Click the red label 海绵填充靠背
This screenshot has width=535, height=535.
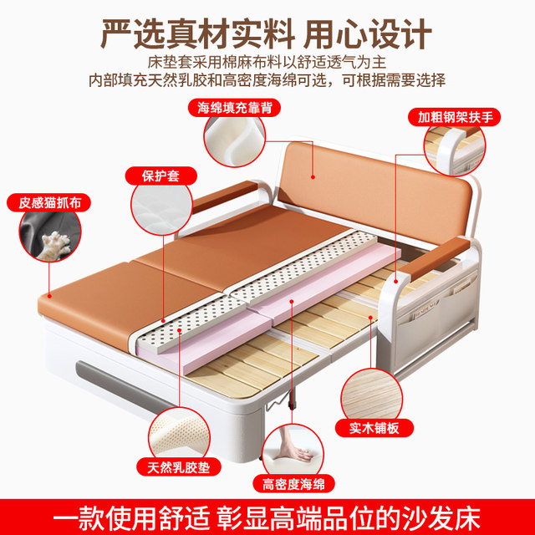coord(234,108)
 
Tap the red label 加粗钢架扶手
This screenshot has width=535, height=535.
coord(454,117)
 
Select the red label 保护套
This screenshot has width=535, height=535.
coord(161,176)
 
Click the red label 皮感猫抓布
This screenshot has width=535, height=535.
coord(48,202)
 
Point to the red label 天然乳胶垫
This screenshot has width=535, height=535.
coord(179,467)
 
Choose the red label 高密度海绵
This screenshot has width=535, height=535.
coord(293,484)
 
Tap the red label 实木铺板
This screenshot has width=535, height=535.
coord(374,428)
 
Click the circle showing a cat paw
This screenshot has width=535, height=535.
coord(50,236)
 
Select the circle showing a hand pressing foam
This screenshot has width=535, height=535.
coord(293,451)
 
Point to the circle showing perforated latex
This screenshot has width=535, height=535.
coord(179,436)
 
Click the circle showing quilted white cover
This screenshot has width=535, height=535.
coord(161,208)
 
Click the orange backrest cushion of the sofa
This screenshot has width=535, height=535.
coord(374,191)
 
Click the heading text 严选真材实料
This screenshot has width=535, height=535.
coord(198,34)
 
